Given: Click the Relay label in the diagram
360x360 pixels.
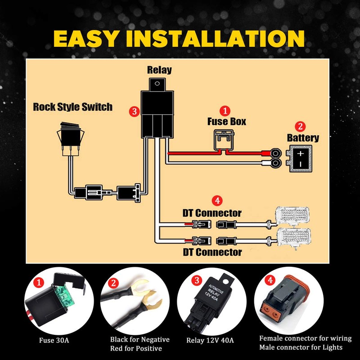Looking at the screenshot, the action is (159, 70).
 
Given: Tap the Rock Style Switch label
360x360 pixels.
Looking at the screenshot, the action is (73, 107).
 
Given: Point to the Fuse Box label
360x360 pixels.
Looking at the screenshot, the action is (227, 121).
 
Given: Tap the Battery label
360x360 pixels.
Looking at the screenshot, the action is (303, 138).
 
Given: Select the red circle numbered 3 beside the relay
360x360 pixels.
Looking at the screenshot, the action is (133, 111).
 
